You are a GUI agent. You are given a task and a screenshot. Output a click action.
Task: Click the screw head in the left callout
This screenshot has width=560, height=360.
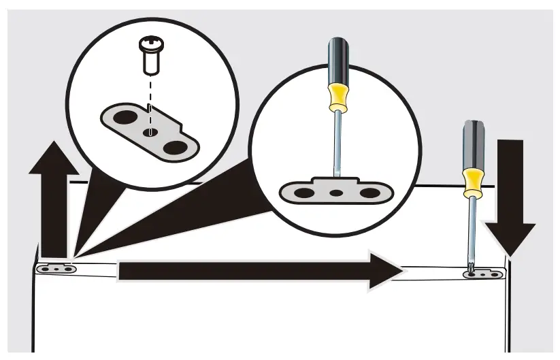pyautogui.click(x=151, y=46)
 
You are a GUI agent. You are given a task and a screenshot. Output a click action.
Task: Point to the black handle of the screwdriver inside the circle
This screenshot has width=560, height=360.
pyautogui.click(x=337, y=58)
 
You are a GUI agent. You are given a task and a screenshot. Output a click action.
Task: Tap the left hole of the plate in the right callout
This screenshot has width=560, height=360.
pyautogui.click(x=304, y=193)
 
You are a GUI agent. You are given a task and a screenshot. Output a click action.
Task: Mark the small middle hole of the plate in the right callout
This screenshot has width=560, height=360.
pyautogui.click(x=336, y=193)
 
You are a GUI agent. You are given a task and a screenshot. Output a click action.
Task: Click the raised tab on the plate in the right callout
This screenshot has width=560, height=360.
pyautogui.click(x=336, y=181)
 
